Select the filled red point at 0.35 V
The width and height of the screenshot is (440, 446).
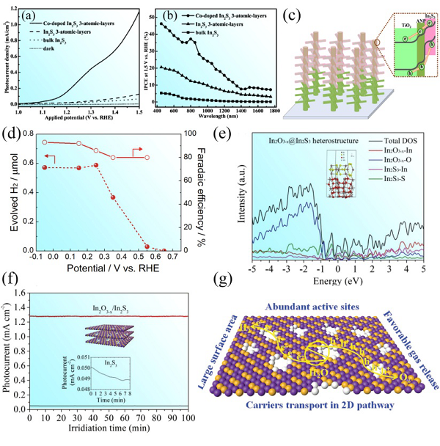(113, 197)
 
